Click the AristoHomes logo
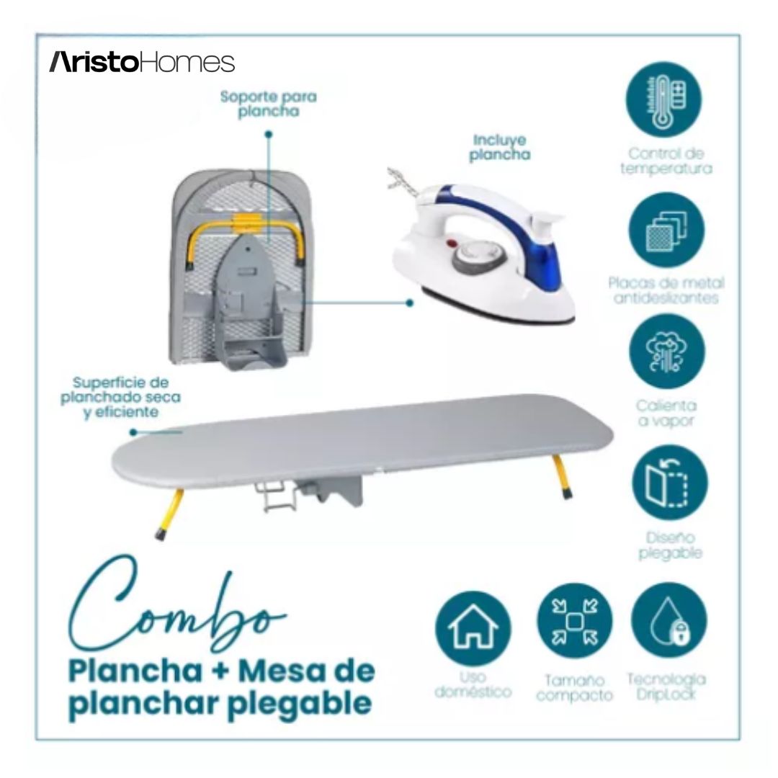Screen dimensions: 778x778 tap(142, 62)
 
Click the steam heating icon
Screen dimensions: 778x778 tap(666, 353)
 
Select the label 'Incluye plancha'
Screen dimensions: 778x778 tap(499, 147)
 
